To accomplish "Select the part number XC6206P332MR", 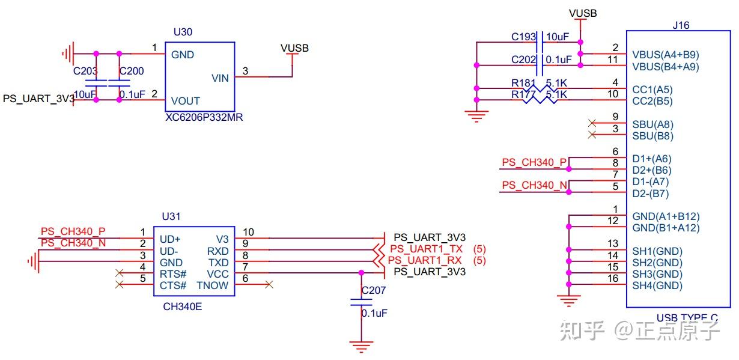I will [x=204, y=118].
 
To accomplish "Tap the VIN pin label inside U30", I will [x=220, y=78].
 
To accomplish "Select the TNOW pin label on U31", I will [x=212, y=285].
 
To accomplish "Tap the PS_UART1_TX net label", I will [x=426, y=249].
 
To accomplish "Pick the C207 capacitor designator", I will [x=374, y=291].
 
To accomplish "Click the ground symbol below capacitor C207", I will [x=360, y=346].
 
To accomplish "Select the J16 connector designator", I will [x=681, y=25].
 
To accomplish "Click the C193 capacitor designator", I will [x=523, y=37].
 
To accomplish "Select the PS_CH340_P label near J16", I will [x=534, y=162].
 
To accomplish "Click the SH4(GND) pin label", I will [x=657, y=285].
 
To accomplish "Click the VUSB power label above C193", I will [x=582, y=13].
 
